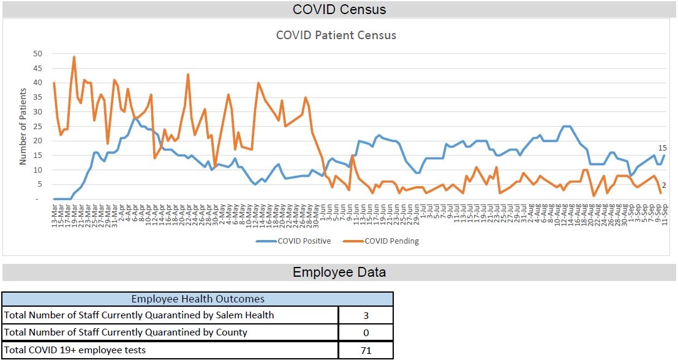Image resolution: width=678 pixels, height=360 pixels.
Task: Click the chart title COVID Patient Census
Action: click(336, 35)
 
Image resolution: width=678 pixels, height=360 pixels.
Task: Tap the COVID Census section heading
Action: click(339, 9)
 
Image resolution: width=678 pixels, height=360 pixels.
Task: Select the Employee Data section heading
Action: click(339, 272)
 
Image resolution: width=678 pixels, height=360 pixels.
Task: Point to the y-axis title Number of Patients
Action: click(23, 127)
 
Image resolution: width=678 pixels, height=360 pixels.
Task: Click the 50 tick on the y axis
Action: click(37, 53)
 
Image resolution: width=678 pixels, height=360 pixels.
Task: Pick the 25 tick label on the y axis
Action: click(37, 126)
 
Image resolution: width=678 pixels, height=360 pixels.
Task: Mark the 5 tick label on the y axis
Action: click(39, 184)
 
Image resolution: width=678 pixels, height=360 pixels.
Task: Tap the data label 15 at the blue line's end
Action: click(662, 148)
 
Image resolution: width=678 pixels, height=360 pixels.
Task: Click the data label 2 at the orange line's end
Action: click(664, 186)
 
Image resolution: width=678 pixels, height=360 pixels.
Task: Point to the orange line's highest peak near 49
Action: click(74, 57)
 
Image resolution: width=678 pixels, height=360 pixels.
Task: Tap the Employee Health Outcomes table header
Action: click(198, 299)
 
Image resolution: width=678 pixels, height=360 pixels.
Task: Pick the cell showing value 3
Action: click(365, 315)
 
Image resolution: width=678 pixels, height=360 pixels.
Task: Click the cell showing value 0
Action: click(365, 332)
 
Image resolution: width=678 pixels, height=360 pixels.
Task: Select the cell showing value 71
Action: click(365, 350)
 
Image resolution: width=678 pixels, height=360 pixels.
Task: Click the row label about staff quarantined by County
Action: click(126, 332)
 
